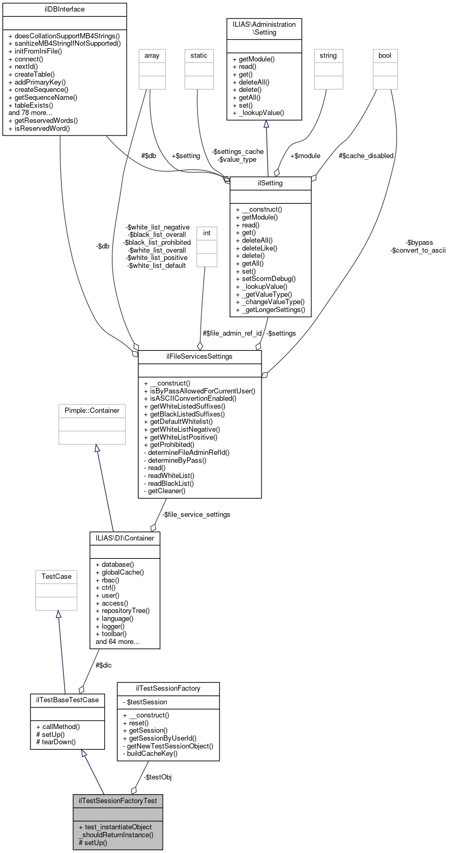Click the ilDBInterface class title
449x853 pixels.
tap(65, 9)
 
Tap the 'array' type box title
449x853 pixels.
tap(152, 56)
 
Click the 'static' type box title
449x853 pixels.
tap(199, 56)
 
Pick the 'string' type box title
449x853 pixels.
tap(328, 56)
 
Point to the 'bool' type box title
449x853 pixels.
tap(385, 56)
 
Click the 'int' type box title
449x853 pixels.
tap(207, 233)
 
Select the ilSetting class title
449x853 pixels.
tap(270, 183)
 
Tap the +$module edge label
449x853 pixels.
tap(305, 156)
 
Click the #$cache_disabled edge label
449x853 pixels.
tap(366, 156)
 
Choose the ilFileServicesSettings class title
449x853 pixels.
tap(200, 357)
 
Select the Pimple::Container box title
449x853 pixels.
tap(92, 411)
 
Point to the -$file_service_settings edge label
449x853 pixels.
tap(196, 515)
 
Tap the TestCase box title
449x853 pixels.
tap(56, 577)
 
